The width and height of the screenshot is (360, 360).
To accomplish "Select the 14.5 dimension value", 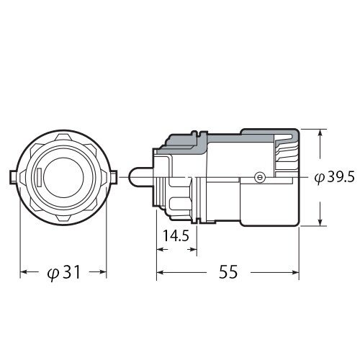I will pos(176,235).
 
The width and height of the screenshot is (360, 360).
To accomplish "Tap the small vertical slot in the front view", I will pos(38,177).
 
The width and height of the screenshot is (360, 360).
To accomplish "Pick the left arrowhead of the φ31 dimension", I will pos(24,273).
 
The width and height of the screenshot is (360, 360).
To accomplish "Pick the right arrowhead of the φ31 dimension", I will pos(103,273).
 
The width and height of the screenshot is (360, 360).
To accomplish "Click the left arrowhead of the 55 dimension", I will pos(161,273).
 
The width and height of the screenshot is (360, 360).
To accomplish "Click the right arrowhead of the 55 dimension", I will pos(296,273).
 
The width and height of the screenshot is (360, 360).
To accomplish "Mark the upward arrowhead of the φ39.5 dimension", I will pos(320,133).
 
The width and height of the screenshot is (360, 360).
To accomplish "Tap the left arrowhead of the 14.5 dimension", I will pos(161,250).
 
